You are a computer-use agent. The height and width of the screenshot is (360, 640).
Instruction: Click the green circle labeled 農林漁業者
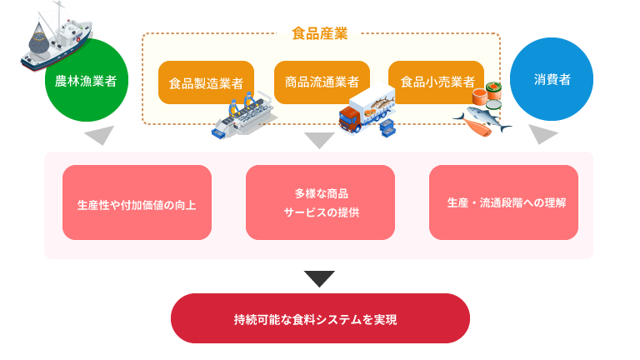[86, 82]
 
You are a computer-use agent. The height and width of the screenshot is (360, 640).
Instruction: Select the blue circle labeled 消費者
[551, 80]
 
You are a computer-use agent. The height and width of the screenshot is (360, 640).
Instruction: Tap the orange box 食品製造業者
[206, 82]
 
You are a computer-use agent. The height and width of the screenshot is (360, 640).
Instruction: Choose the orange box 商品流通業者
[321, 82]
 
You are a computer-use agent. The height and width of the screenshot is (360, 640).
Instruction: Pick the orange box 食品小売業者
[437, 82]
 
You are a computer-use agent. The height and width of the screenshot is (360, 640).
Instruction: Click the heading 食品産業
[319, 33]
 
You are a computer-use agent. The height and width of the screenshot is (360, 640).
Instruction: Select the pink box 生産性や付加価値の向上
[137, 202]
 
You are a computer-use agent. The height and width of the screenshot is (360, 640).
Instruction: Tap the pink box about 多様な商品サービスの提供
[320, 202]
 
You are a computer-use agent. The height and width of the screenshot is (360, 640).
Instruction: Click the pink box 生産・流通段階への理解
[503, 202]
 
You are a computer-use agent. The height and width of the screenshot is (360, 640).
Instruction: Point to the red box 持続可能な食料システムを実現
[320, 318]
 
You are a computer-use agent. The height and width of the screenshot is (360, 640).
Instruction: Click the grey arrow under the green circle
[99, 136]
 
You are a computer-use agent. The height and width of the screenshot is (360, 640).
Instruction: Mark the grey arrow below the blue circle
[543, 135]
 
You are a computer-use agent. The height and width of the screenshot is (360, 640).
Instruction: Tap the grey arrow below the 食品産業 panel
[319, 140]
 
